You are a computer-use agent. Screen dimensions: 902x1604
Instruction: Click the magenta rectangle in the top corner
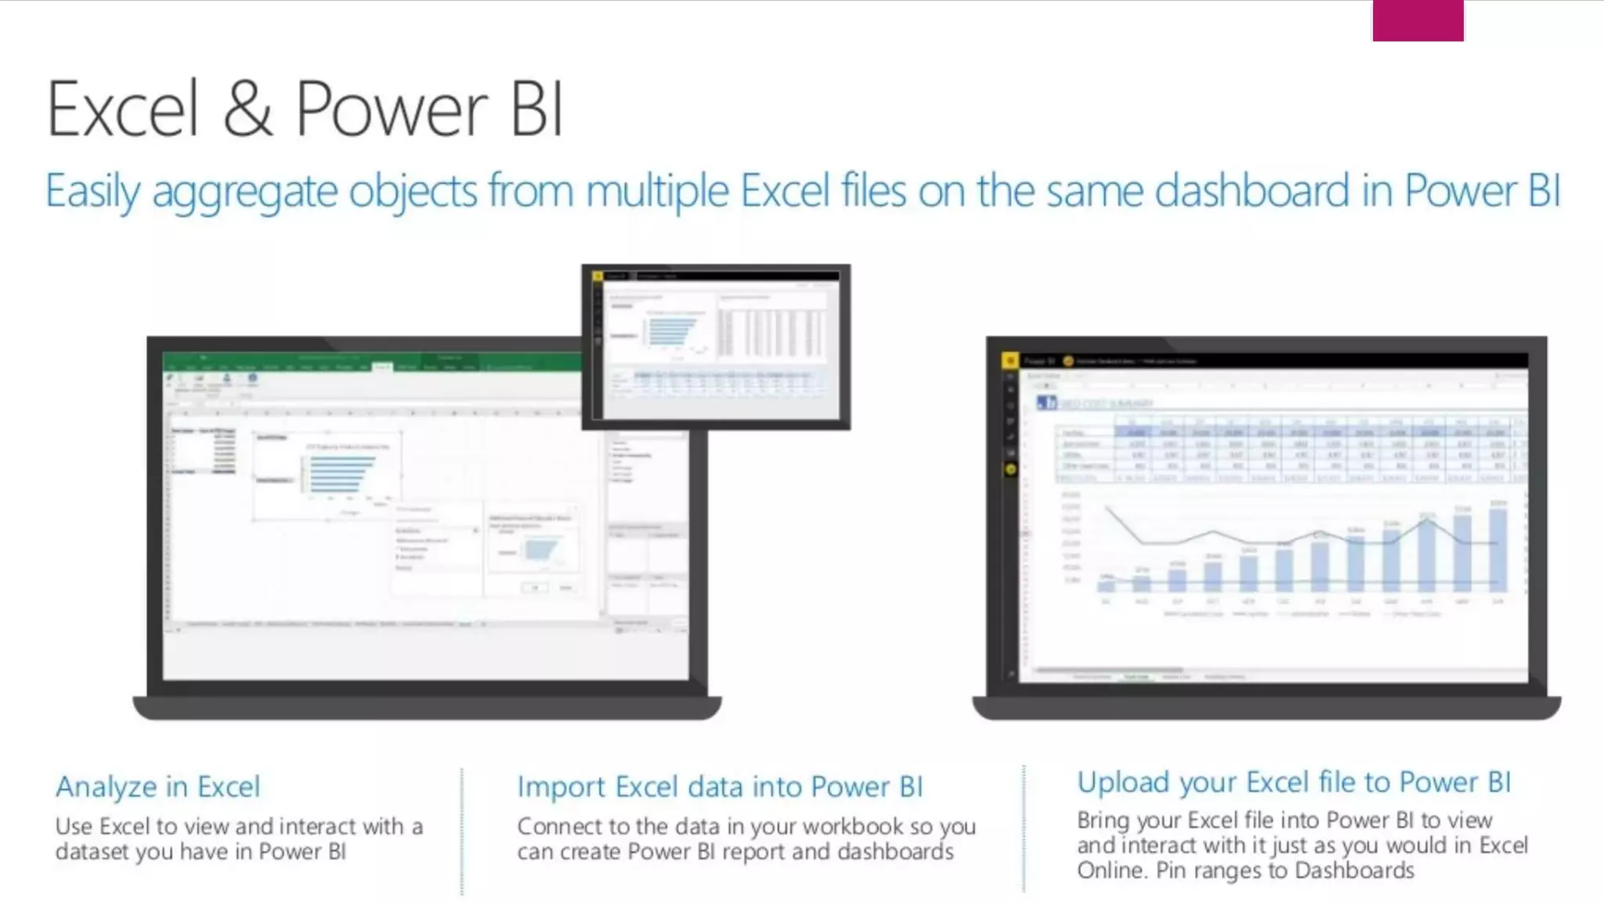point(1418,20)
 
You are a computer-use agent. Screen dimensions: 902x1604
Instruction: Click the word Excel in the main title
point(123,109)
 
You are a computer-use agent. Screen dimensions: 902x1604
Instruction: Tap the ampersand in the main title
point(247,109)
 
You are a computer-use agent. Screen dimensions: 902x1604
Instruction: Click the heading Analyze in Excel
point(157,786)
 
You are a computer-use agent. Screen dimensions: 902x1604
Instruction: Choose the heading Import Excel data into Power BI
point(720,786)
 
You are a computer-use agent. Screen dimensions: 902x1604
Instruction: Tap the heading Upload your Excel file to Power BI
point(1294,781)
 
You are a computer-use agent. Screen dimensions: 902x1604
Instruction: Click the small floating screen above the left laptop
point(716,347)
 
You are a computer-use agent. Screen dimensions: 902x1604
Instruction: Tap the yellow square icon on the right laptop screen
point(1010,360)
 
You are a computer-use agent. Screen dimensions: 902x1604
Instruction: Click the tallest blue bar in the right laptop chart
point(1497,550)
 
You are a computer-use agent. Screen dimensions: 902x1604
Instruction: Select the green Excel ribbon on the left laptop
point(372,362)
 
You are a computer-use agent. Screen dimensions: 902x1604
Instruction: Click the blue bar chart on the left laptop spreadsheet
point(341,474)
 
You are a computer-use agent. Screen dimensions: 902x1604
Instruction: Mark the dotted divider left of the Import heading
point(462,830)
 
